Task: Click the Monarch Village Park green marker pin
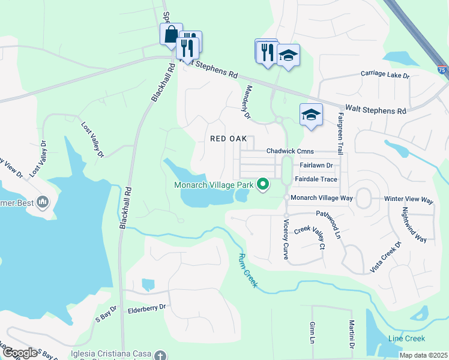point(262,184)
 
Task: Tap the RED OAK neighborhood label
point(229,139)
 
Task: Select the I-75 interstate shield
point(442,70)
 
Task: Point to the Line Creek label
point(406,339)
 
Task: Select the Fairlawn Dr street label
point(315,165)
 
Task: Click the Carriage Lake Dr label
point(384,75)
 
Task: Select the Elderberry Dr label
point(146,311)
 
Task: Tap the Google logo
point(19,353)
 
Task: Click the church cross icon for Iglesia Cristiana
point(159,355)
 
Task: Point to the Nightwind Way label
point(414,225)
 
